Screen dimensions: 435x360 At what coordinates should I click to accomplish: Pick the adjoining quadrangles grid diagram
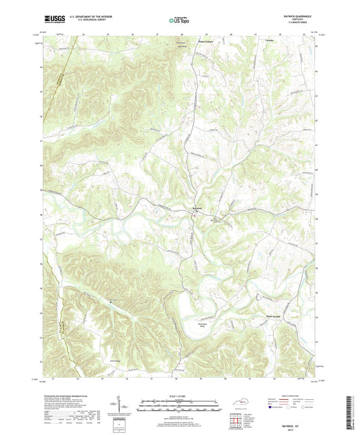pyautogui.click(x=236, y=421)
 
